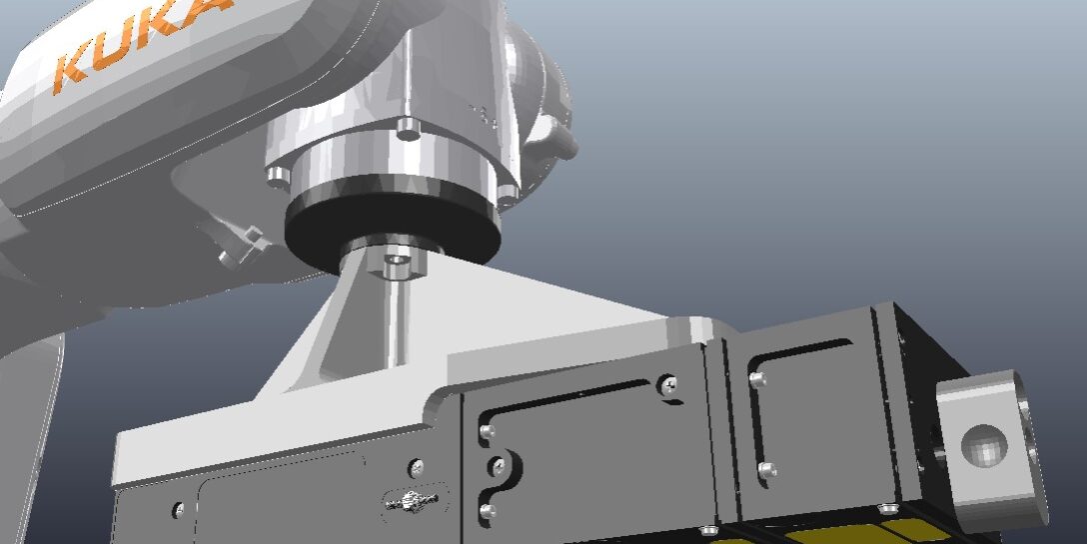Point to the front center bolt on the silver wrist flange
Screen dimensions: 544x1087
(408, 128)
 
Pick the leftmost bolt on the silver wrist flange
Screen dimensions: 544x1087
(277, 177)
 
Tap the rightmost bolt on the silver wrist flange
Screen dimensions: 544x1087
(506, 191)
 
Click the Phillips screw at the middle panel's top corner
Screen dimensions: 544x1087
(668, 382)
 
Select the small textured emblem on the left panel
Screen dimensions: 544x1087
(412, 500)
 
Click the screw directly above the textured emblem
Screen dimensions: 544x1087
(416, 466)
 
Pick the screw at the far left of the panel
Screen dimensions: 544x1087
(178, 510)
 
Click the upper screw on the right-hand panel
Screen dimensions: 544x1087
(757, 379)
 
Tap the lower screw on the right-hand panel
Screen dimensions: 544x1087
(765, 468)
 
